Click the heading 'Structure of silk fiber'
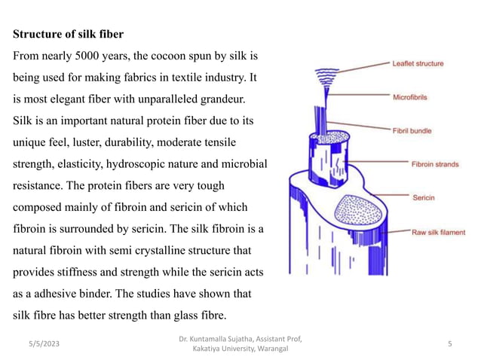click(68, 34)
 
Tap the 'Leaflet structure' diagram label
click(418, 64)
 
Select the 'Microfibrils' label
click(410, 97)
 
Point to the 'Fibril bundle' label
click(412, 131)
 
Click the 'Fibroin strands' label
click(435, 164)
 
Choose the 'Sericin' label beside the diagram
click(424, 197)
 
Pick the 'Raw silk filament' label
click(438, 232)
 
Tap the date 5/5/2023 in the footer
click(44, 343)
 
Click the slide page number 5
click(449, 343)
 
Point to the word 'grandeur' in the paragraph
click(222, 99)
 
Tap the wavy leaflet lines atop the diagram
click(326, 77)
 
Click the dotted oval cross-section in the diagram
click(358, 209)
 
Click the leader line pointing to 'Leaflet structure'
click(363, 68)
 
